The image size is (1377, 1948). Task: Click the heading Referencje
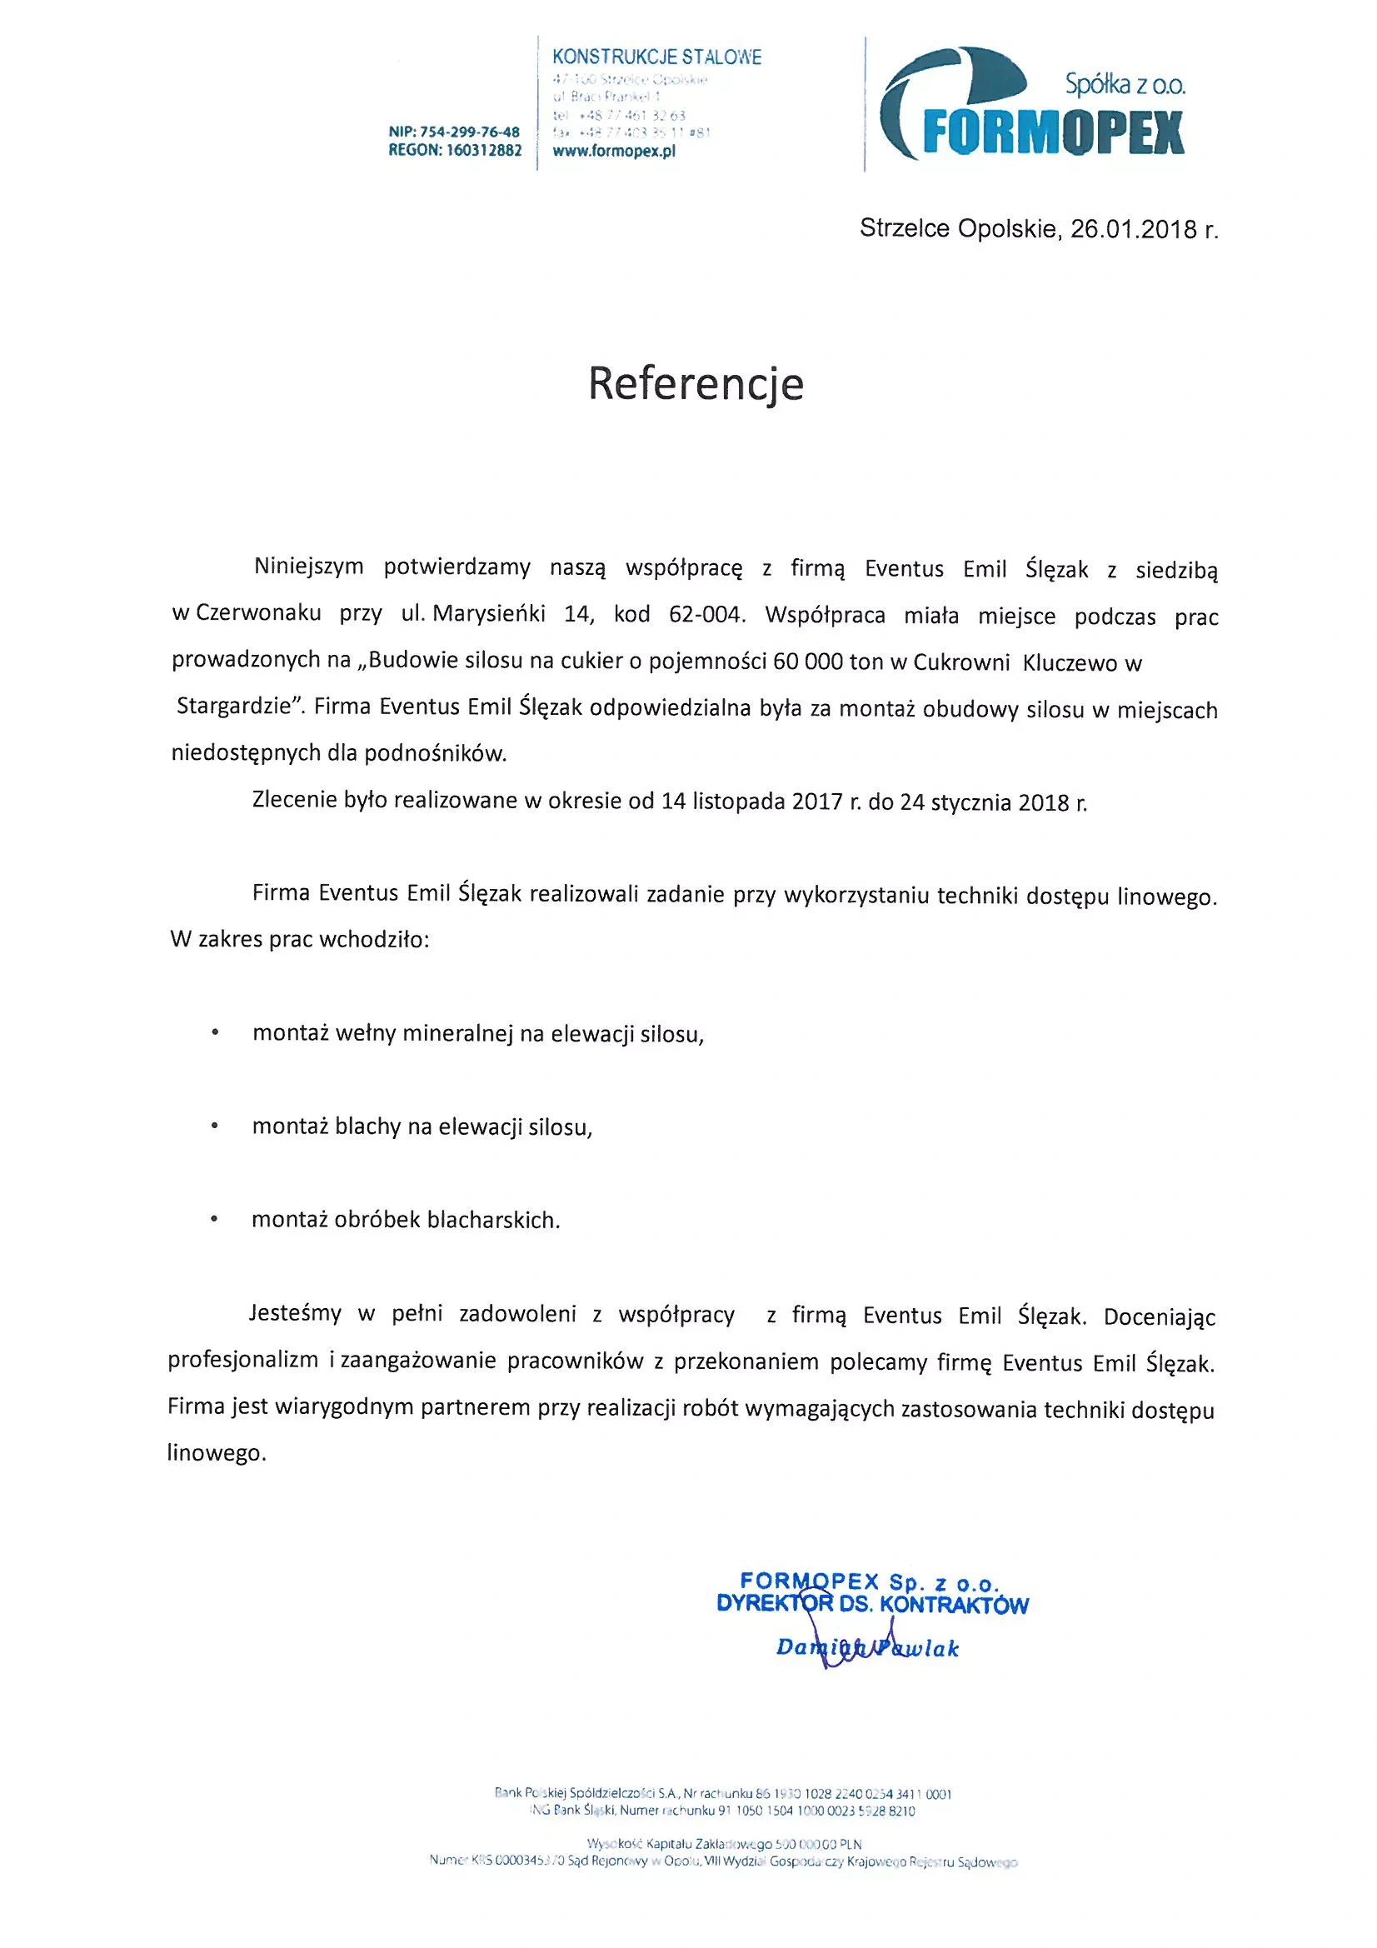tap(696, 383)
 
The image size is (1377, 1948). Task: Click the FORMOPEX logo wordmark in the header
tap(1052, 132)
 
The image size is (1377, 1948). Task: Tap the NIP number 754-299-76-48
tap(470, 132)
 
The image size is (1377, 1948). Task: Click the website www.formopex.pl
tap(613, 152)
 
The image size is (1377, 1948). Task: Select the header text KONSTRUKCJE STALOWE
tap(656, 57)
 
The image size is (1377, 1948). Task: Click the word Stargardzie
tap(234, 707)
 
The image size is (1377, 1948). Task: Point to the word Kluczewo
tap(1069, 662)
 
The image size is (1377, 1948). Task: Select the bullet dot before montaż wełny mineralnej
tap(216, 1033)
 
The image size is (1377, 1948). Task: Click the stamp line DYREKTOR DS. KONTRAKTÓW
tap(872, 1605)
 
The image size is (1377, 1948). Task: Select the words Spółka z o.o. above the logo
tap(1125, 85)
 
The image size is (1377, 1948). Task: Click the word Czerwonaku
tap(258, 613)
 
